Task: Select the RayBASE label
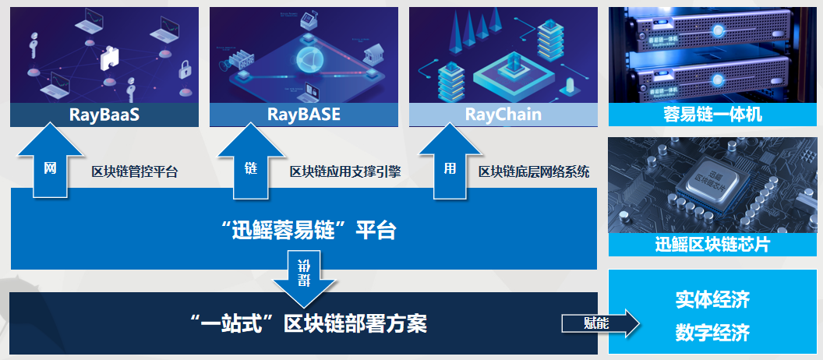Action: tap(303, 115)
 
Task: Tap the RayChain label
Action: tap(503, 115)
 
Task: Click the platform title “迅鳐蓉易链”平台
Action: tap(309, 231)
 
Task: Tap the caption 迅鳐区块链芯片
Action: tap(712, 245)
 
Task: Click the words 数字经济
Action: tap(712, 334)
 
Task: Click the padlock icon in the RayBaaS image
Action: tap(184, 69)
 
